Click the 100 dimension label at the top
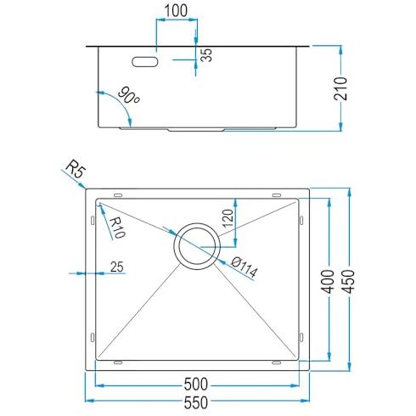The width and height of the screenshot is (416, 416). (x=176, y=10)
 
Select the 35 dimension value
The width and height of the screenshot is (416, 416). (x=207, y=55)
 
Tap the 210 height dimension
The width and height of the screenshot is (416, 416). (x=340, y=88)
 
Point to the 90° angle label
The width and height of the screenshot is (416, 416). (x=128, y=95)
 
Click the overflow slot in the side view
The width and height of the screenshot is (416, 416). (x=145, y=62)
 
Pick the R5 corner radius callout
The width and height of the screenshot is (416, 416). (x=76, y=169)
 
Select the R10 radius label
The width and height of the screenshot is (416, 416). (x=116, y=228)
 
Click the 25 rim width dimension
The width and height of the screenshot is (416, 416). (x=117, y=267)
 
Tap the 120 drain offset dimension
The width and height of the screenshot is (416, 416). (x=228, y=218)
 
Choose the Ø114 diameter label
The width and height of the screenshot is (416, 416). (x=245, y=267)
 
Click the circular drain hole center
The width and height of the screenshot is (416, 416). (x=197, y=246)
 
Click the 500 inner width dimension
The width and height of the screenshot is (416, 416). (x=196, y=385)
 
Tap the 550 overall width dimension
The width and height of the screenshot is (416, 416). (x=196, y=402)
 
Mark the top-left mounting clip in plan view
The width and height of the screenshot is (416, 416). (x=118, y=195)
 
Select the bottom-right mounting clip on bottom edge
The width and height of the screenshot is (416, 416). (x=277, y=363)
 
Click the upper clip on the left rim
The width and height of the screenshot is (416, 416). (x=93, y=221)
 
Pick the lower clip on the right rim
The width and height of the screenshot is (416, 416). (x=301, y=337)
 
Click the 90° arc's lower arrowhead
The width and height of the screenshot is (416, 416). (x=130, y=123)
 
